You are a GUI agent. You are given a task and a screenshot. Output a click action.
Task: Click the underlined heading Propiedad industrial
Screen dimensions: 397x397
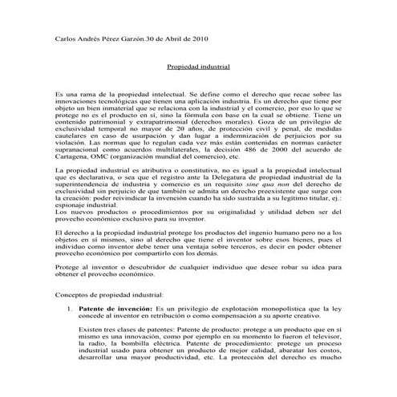coord(198,69)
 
